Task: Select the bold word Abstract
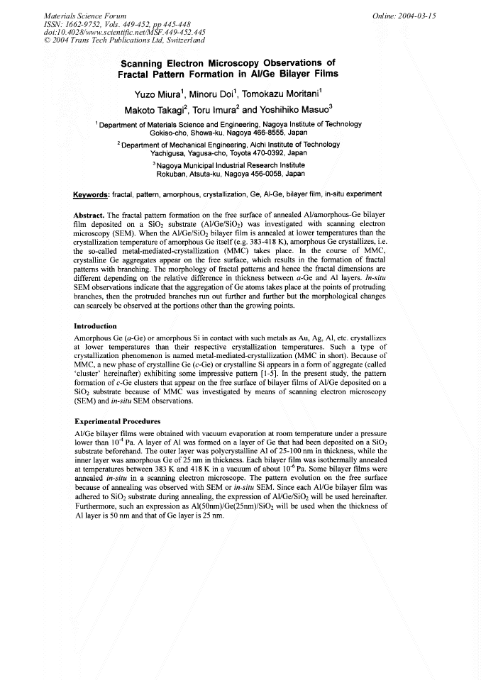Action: tap(90, 214)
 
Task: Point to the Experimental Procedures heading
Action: tap(118, 421)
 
